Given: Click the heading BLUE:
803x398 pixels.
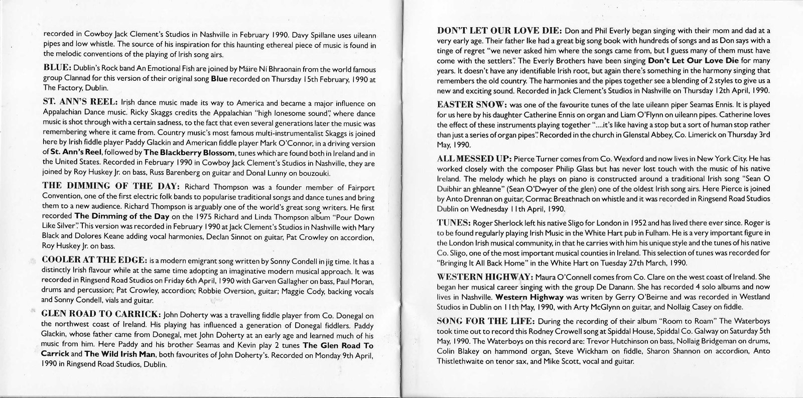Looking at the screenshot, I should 58,67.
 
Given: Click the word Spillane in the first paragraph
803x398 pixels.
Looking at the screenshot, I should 310,35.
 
